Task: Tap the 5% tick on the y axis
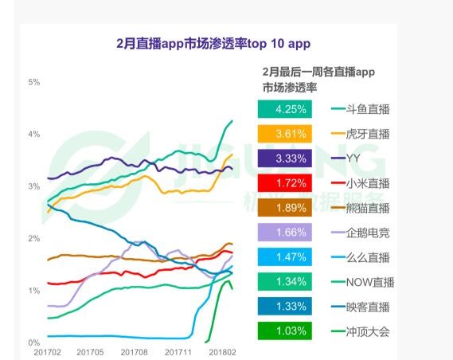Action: point(34,82)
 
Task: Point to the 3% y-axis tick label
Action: point(34,186)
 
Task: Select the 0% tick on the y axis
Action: point(34,343)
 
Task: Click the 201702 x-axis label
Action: point(49,351)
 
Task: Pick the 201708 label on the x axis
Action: point(135,351)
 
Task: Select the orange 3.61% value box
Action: point(285,134)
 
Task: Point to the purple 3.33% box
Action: point(285,158)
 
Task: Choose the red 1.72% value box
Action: point(285,183)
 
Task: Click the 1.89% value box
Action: point(285,208)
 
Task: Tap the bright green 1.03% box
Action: point(285,331)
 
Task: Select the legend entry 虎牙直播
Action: point(360,134)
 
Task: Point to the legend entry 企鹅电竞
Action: point(360,233)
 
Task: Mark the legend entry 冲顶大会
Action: point(360,331)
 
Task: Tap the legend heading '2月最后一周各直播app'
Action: point(318,72)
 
